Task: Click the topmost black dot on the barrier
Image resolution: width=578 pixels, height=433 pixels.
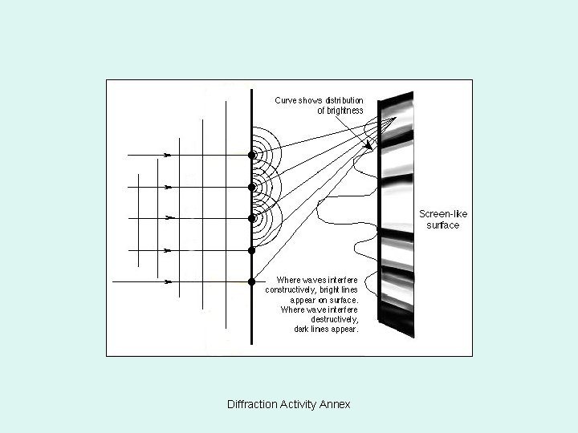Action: tap(251, 154)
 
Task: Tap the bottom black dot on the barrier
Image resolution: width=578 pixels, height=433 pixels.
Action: tap(251, 281)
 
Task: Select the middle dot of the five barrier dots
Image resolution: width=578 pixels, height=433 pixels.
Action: tap(251, 217)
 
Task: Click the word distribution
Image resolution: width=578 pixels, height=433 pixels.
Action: tap(344, 100)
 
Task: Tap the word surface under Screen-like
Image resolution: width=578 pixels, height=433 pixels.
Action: tap(443, 225)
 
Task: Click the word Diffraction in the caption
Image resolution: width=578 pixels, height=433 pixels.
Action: tap(253, 404)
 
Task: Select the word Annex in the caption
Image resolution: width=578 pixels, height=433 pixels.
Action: tap(336, 404)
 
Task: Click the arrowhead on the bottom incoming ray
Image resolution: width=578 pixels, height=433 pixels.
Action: tap(168, 281)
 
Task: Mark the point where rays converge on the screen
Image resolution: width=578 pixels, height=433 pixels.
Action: tap(393, 119)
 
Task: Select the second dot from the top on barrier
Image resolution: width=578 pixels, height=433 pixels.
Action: tap(251, 186)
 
